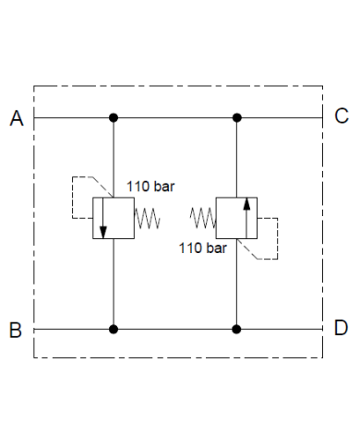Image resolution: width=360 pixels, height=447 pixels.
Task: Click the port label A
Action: click(16, 118)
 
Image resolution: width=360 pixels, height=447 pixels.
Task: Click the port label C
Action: click(341, 116)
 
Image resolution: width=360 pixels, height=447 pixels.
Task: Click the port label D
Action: click(341, 329)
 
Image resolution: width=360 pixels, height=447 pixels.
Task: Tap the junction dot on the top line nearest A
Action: click(114, 117)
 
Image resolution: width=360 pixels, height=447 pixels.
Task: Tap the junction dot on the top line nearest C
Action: click(237, 117)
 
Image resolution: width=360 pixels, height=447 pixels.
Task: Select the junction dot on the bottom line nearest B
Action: click(114, 328)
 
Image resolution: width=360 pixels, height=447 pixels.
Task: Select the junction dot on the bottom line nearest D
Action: click(237, 328)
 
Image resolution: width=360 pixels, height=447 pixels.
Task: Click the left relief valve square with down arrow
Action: click(114, 218)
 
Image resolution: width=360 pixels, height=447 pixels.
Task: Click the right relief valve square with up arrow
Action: click(237, 218)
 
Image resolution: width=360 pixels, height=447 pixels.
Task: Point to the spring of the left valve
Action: click(149, 219)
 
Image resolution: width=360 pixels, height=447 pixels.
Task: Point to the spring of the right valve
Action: click(202, 218)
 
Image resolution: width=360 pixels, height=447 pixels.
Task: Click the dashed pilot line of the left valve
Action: click(72, 196)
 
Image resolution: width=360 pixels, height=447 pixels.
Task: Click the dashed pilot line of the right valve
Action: click(277, 238)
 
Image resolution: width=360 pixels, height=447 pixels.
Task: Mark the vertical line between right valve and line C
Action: click(237, 157)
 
